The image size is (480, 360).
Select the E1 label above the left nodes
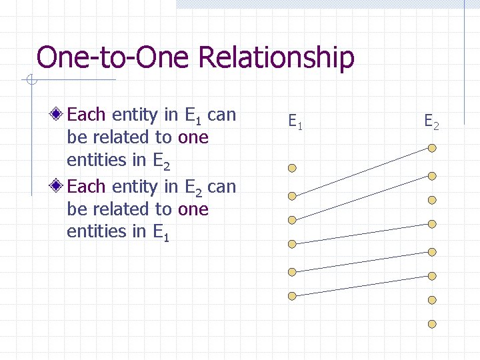pyautogui.click(x=295, y=122)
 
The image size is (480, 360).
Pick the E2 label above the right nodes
pyautogui.click(x=431, y=122)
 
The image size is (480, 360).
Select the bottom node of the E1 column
pyautogui.click(x=292, y=295)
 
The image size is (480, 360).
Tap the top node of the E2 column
pyautogui.click(x=432, y=147)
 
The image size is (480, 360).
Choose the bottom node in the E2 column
pyautogui.click(x=432, y=324)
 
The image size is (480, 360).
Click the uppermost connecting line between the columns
pyautogui.click(x=362, y=171)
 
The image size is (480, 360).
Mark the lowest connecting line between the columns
pyautogui.click(x=362, y=285)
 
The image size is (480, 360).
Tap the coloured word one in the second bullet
pyautogui.click(x=193, y=209)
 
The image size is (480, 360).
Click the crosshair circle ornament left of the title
pyautogui.click(x=31, y=81)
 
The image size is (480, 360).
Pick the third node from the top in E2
pyautogui.click(x=432, y=200)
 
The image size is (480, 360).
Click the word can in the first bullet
pyautogui.click(x=222, y=115)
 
